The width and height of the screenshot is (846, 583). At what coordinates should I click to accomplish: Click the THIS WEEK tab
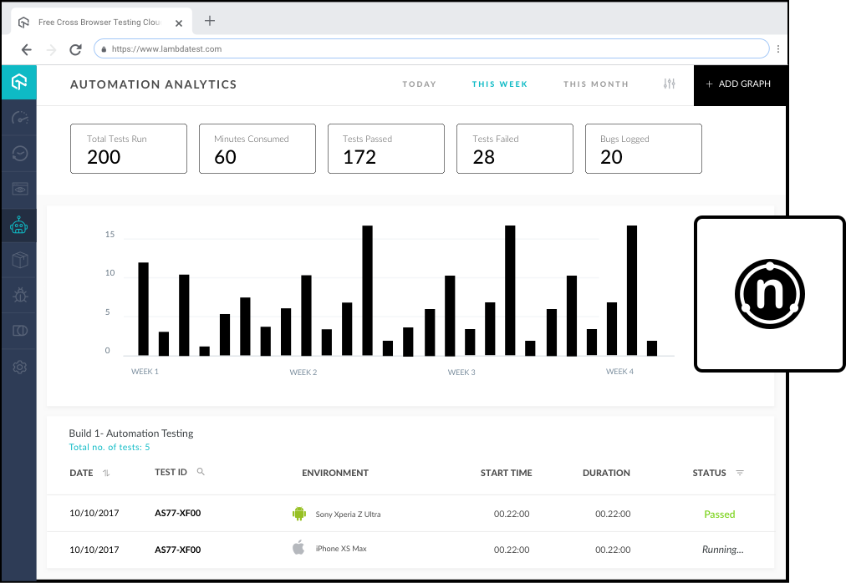(x=499, y=84)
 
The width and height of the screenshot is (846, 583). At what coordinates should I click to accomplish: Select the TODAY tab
(x=419, y=84)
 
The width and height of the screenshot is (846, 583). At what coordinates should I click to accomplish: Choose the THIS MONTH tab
(x=595, y=84)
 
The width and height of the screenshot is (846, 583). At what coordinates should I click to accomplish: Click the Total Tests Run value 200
(x=104, y=157)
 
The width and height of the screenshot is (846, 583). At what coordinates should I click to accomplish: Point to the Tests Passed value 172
(x=359, y=157)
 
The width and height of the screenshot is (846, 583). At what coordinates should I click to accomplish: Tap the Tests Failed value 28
(x=483, y=157)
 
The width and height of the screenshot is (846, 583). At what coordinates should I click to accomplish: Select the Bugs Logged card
(x=643, y=149)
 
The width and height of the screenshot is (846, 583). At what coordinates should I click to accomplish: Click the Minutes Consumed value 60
(x=225, y=157)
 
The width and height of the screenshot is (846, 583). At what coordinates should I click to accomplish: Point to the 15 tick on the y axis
(x=110, y=235)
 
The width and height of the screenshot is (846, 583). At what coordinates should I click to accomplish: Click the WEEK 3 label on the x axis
(x=461, y=372)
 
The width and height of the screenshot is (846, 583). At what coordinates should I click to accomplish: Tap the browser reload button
(x=75, y=49)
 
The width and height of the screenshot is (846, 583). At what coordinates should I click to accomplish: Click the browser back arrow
(x=27, y=49)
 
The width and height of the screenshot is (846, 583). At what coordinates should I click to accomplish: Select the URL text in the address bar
(x=166, y=49)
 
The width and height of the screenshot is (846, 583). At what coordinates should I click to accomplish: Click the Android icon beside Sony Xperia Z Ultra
(x=299, y=514)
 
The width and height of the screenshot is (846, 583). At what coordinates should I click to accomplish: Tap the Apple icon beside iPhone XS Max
(x=298, y=548)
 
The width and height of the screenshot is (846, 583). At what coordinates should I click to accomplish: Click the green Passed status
(x=719, y=515)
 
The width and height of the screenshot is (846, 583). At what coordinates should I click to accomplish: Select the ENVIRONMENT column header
(x=334, y=473)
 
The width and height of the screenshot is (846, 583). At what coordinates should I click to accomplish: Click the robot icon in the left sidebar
(x=18, y=226)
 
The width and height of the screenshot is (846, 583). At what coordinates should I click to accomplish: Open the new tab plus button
(x=210, y=21)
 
